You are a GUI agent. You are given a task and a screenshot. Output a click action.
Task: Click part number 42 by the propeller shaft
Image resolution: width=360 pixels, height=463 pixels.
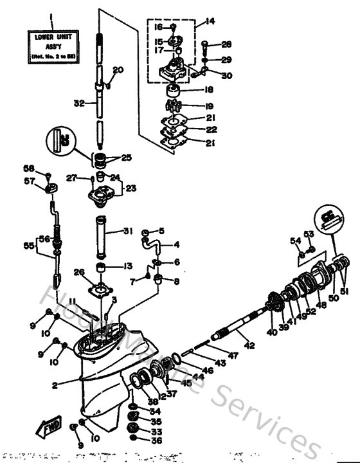(249, 345)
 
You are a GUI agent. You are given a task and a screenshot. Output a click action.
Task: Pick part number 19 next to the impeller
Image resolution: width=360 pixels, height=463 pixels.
(208, 105)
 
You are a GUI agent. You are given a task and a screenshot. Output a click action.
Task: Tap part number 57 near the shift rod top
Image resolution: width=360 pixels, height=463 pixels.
(30, 182)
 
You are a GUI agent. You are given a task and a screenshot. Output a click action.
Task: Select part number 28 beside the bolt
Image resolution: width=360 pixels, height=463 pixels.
(208, 44)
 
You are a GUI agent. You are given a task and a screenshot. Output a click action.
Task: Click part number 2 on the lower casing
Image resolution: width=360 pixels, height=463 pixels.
(55, 386)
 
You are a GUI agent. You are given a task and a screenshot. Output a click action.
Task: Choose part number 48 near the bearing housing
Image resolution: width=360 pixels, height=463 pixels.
(320, 306)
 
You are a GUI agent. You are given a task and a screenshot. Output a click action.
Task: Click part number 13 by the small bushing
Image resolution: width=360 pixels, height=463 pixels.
(128, 266)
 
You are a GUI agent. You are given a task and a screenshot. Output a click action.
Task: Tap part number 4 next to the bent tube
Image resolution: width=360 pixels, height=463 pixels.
(177, 244)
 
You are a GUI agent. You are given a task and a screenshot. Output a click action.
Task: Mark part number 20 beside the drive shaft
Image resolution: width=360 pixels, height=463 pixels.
(118, 70)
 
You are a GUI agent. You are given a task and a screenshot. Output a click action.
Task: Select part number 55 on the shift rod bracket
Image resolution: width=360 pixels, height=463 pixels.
(27, 246)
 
